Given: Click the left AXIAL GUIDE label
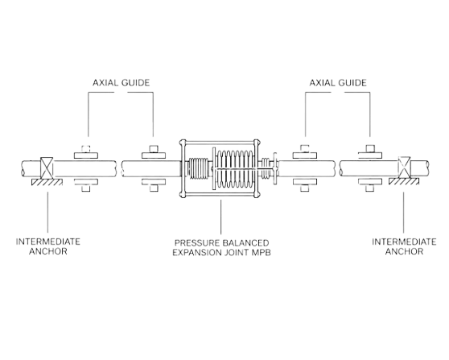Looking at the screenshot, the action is (121, 83).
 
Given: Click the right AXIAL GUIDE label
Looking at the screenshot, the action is (338, 83).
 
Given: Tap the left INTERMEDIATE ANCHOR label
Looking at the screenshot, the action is (48, 246).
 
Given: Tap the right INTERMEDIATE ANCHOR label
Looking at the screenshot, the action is (404, 246).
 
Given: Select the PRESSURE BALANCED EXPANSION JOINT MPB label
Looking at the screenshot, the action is (221, 247).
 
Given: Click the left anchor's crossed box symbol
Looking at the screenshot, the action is (47, 168).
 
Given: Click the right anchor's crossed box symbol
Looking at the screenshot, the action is (404, 168).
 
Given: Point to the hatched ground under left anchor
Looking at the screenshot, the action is (47, 182).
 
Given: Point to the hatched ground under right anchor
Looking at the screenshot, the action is (404, 181).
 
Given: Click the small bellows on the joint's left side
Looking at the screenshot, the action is (199, 168).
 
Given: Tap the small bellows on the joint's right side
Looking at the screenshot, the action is (266, 168).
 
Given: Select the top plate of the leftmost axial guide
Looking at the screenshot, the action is (86, 155).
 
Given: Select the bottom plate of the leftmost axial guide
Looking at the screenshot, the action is (86, 182).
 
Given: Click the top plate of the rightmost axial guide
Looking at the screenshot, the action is (370, 155).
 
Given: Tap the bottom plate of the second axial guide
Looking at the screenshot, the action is (154, 182).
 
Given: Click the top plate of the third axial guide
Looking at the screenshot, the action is (305, 155).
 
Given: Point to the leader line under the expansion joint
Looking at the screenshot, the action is (220, 217).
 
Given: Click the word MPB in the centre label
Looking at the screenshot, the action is (262, 253).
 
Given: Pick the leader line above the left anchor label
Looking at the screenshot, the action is (47, 212).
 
